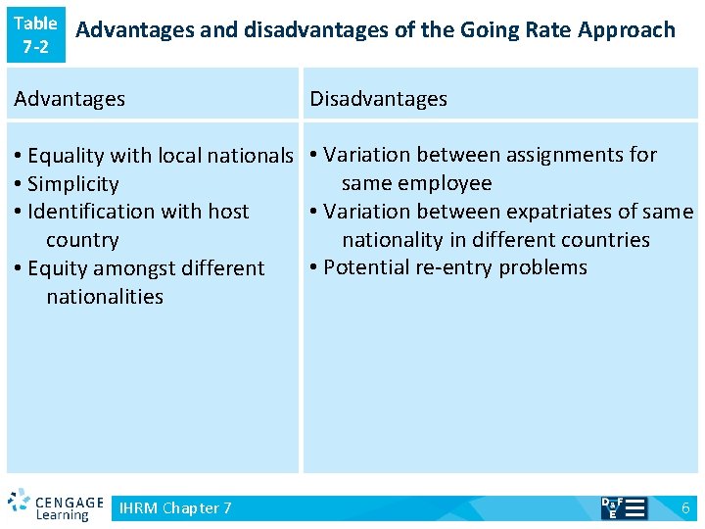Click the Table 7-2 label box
pyautogui.click(x=36, y=34)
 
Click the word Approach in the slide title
pyautogui.click(x=627, y=30)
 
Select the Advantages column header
pyautogui.click(x=70, y=99)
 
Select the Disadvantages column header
pyautogui.click(x=378, y=99)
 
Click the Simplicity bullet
pyautogui.click(x=72, y=184)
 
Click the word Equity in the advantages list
pyautogui.click(x=56, y=268)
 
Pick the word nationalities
pyautogui.click(x=105, y=297)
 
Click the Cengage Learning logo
pyautogui.click(x=56, y=505)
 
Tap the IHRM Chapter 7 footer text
pyautogui.click(x=175, y=507)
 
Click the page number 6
pyautogui.click(x=685, y=507)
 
